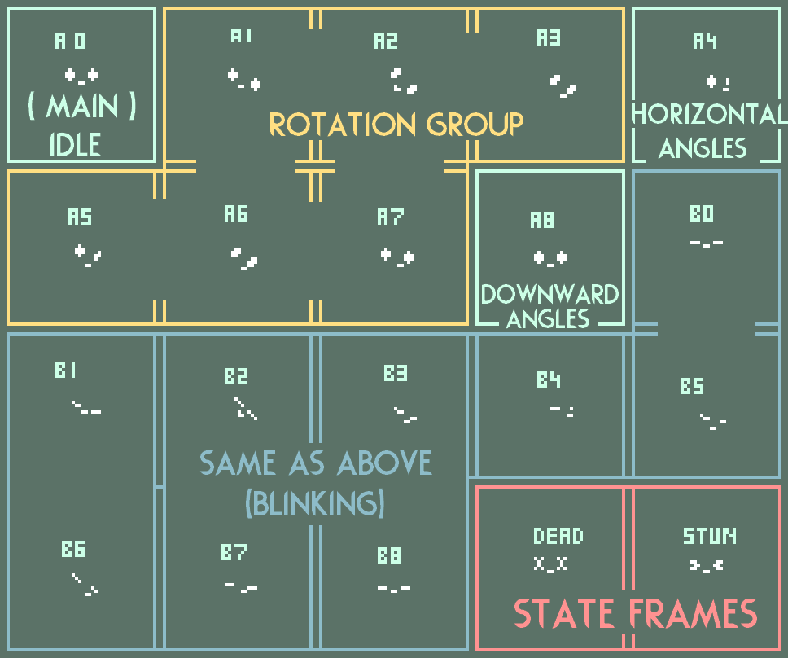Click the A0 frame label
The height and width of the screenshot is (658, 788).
(70, 41)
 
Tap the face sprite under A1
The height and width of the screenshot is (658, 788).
(244, 80)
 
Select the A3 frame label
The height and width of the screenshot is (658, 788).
(549, 37)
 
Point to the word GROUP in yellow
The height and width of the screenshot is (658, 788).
(475, 125)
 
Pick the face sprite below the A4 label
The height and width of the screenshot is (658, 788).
(718, 82)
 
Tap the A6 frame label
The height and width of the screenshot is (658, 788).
(236, 214)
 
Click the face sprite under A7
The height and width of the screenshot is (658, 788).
(397, 257)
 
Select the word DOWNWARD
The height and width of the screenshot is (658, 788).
(549, 294)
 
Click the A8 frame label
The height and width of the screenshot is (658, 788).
(542, 220)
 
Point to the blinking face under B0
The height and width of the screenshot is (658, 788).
(706, 243)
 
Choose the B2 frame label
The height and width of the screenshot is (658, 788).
(236, 376)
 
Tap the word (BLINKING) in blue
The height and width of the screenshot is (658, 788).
(314, 504)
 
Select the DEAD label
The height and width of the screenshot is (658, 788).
(558, 536)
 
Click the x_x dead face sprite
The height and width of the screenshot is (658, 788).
(550, 564)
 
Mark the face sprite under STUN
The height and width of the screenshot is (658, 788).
(707, 564)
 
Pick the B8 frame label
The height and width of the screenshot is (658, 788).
(389, 555)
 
